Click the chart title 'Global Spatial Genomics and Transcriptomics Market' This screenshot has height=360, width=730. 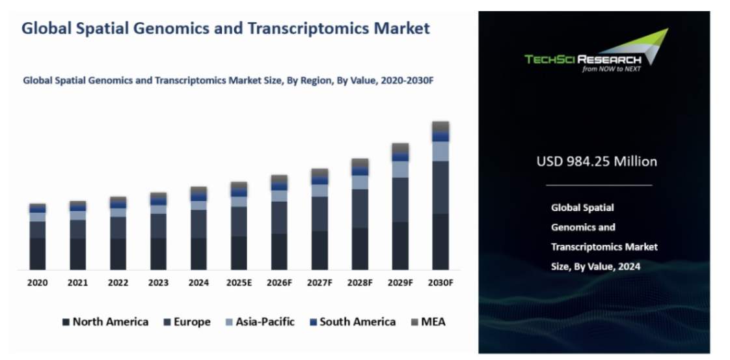coord(226,29)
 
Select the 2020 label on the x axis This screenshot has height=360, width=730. coord(38,283)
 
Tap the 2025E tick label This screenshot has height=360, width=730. coord(239,283)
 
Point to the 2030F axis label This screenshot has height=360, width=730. coord(440,283)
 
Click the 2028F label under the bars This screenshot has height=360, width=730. coord(360,283)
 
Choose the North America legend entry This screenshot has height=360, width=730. coord(105,322)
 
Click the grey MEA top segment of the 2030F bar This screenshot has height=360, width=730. coord(440,126)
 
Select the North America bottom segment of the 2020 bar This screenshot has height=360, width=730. coord(38,253)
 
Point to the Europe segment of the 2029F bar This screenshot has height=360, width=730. coord(400,200)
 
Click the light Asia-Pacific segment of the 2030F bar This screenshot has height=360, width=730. coord(440,151)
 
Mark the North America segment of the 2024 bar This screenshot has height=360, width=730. coord(198,253)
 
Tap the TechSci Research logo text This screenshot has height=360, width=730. coord(582,59)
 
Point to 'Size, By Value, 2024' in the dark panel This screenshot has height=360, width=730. coord(595,266)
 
